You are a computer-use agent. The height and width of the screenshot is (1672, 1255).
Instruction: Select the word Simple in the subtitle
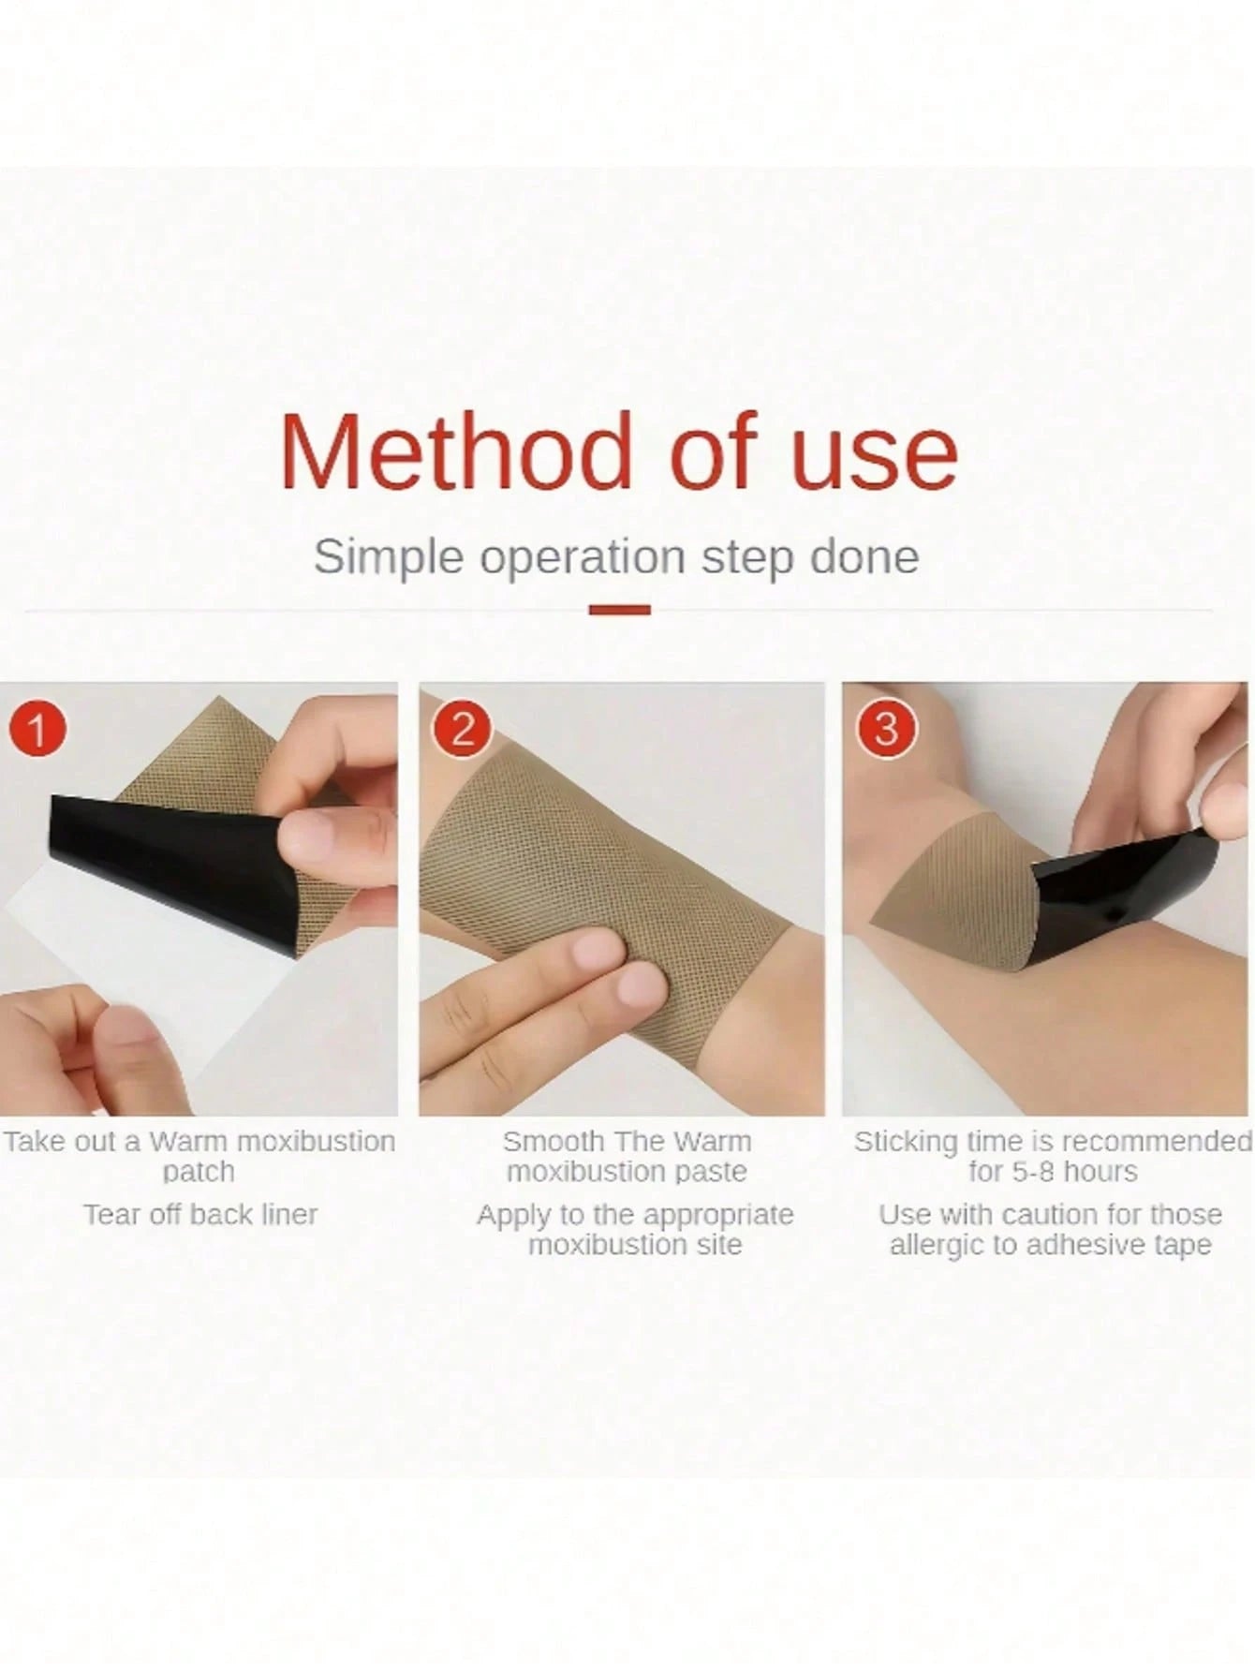(389, 558)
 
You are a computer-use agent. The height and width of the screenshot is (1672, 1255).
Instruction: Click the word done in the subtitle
(864, 556)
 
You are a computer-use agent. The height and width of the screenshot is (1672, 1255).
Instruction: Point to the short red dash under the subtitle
(620, 610)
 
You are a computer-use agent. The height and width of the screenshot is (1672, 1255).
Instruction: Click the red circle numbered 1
(37, 729)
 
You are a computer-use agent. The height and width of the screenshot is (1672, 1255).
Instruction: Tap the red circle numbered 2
(463, 729)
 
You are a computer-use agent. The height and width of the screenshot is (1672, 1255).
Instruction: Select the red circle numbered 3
(886, 729)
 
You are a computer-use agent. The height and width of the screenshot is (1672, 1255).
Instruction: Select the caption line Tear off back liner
(200, 1215)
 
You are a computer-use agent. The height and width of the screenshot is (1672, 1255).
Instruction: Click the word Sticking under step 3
(906, 1143)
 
